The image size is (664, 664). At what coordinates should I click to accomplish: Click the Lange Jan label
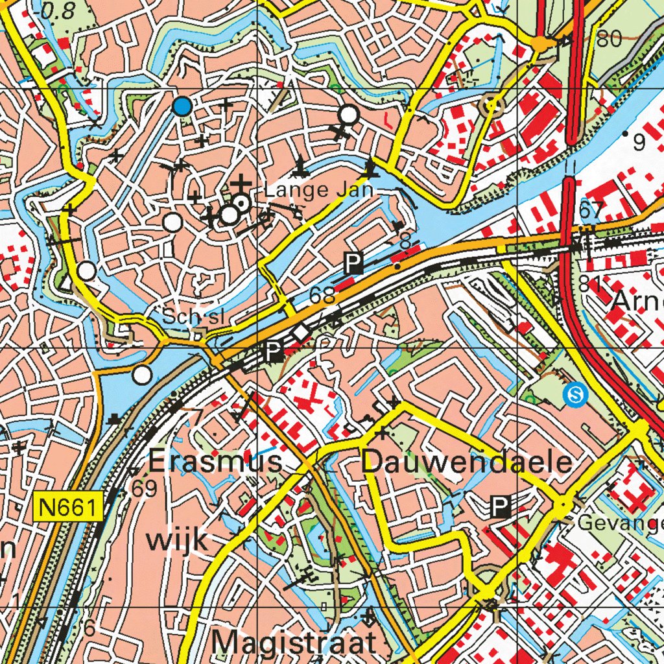319,191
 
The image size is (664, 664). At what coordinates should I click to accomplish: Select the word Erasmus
215,462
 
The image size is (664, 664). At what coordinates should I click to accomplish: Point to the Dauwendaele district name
467,462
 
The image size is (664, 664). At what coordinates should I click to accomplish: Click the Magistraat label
294,643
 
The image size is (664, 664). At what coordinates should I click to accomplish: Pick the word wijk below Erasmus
177,538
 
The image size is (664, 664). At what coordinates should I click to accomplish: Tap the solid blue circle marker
183,106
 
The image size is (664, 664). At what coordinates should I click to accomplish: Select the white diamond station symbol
301,333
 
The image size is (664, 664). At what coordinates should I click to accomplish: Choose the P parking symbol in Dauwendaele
500,507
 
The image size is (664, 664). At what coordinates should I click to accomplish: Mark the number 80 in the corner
609,40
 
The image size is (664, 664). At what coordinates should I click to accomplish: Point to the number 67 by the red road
591,210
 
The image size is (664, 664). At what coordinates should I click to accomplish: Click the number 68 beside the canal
322,296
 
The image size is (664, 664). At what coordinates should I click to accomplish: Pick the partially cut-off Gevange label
620,523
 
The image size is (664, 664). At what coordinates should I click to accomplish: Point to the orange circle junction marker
539,43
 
